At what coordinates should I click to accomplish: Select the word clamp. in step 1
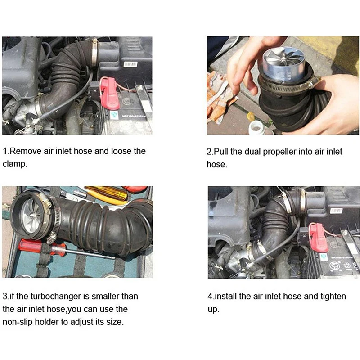point(15,164)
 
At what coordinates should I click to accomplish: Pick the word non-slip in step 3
point(18,322)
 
